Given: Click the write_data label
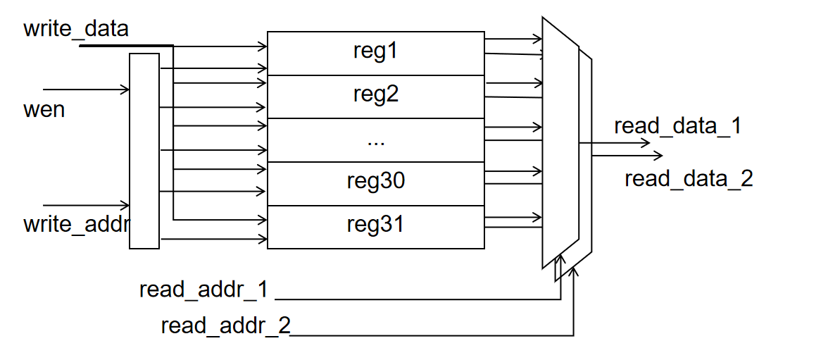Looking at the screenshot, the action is coord(76,28).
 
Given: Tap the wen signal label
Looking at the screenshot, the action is coord(44,109).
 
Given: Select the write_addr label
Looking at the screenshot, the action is coord(77,224).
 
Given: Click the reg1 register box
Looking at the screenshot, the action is coord(375,54).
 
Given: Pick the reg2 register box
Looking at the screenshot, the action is coord(375,97).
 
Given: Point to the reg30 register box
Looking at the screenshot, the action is coord(375,183).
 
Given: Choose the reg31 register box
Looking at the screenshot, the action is coord(375,227).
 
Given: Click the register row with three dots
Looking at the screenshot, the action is coord(375,140).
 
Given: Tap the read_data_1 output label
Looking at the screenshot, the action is coord(678,127).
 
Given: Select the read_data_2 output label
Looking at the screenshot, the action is coord(689,179).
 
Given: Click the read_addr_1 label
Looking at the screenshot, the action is coord(204,290).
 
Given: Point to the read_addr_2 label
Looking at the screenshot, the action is coord(226,325).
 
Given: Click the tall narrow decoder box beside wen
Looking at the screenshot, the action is coord(144,151).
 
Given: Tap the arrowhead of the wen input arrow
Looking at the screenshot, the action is coord(125,89).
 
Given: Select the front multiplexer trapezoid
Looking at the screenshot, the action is coord(560,143).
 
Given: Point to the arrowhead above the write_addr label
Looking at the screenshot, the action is coord(125,205).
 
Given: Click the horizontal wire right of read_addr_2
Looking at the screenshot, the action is coord(432,335).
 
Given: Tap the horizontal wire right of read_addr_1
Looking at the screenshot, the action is coord(418,299).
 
